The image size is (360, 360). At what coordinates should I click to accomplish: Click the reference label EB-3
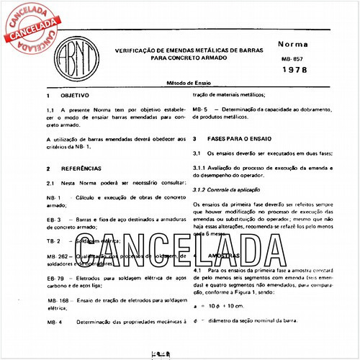click(53, 218)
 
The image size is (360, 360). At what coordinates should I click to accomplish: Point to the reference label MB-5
click(201, 109)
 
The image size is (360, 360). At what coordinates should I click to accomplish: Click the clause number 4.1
click(199, 269)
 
